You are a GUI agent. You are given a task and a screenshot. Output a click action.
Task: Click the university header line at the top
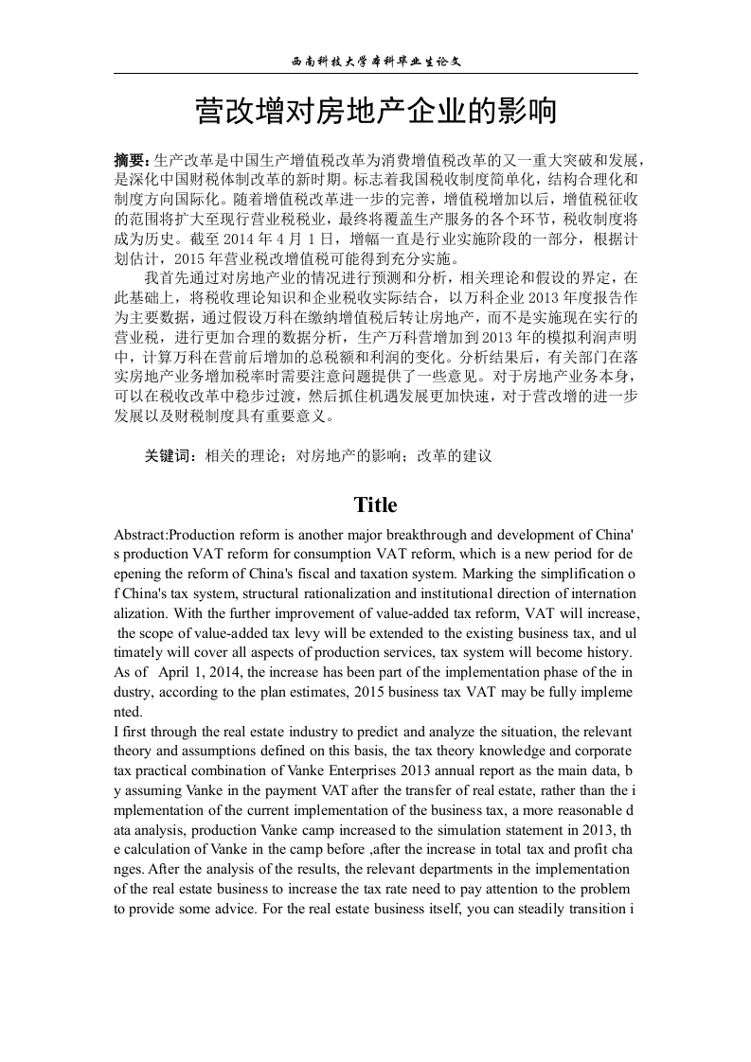pos(375,61)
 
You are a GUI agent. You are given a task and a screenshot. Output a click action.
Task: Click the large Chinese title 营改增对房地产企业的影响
pos(375,113)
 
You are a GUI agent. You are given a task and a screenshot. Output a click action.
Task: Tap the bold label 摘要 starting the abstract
pos(131,160)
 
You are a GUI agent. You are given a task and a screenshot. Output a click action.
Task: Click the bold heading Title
pos(375,504)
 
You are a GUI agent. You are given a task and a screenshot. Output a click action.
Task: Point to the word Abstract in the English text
pos(140,534)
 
